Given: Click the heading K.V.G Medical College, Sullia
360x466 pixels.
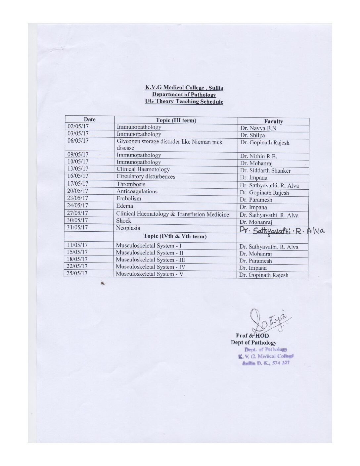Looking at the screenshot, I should (x=184, y=88).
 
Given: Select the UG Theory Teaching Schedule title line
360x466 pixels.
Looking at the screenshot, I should (x=184, y=102).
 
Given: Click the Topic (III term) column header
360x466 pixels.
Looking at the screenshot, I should (x=176, y=120).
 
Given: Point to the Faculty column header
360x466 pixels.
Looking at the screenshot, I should (x=273, y=121).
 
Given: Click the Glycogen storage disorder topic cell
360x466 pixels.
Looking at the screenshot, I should (x=169, y=145).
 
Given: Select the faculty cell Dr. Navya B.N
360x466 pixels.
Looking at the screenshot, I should (x=258, y=128).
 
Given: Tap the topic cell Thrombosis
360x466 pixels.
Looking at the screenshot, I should (x=131, y=184).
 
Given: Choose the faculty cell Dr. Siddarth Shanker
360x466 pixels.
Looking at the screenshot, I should (x=265, y=171).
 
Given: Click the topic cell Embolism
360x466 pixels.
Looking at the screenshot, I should (x=129, y=199).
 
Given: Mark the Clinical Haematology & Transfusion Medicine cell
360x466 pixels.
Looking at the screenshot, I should (x=172, y=214).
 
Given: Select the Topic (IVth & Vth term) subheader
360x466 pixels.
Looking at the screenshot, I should (x=175, y=236).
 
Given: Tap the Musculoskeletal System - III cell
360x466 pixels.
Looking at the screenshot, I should (x=150, y=260).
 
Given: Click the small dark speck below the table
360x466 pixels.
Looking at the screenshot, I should (x=104, y=283).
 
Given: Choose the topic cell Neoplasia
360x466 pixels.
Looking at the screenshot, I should (x=128, y=228).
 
